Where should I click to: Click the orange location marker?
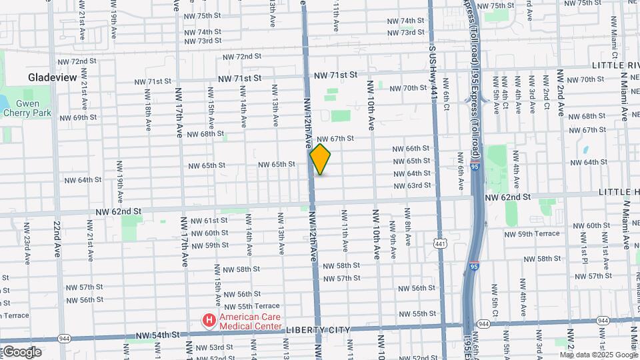point(320,159)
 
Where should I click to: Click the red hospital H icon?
point(209,321)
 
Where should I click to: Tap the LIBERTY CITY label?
point(314,331)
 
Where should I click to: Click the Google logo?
point(22,352)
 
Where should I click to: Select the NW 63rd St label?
point(411,185)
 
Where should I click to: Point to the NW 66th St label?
point(411,149)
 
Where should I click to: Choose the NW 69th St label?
point(78,118)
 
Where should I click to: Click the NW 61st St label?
point(209,221)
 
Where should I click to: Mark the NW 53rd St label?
point(207,347)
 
